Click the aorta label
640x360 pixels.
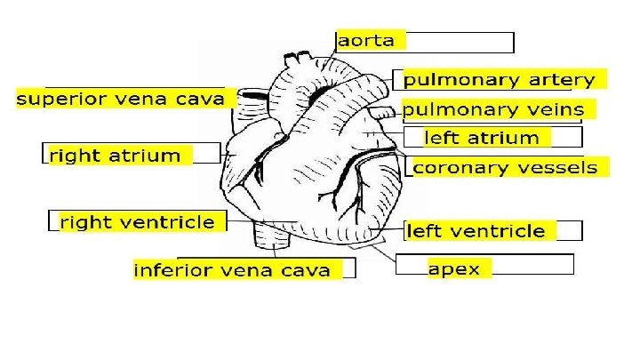pos(371,40)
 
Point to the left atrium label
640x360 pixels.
pos(482,138)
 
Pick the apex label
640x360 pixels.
pos(453,268)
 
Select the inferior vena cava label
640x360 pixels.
pos(232,269)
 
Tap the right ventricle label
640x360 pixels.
pos(137,222)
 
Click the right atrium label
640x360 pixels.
pos(116,156)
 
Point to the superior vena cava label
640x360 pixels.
pos(121,98)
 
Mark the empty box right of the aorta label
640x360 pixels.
pos(460,42)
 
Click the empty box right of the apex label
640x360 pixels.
pos(532,265)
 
